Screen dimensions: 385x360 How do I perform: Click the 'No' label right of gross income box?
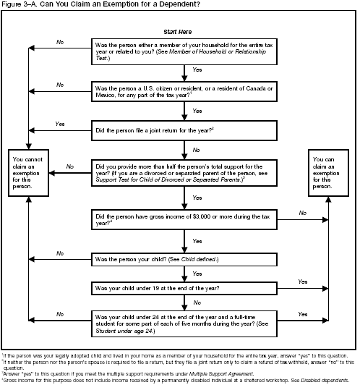(x=302, y=213)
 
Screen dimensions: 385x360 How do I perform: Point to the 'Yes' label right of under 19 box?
(x=302, y=281)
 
